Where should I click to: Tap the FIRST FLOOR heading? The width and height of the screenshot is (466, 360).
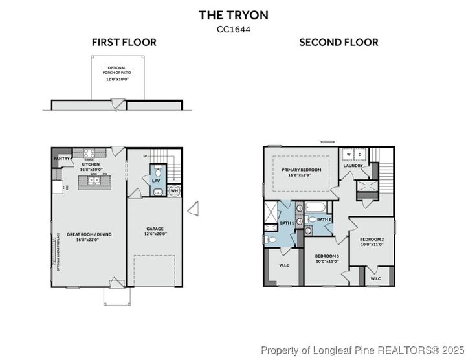[x=124, y=43]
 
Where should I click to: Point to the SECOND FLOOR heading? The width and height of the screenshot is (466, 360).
[x=338, y=43]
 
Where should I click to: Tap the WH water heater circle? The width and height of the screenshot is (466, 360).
[x=174, y=191]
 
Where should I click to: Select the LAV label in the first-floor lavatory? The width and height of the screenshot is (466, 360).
[x=156, y=181]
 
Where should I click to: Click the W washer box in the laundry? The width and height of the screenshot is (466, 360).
[x=349, y=155]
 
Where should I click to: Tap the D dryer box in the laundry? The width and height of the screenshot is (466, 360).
[x=360, y=155]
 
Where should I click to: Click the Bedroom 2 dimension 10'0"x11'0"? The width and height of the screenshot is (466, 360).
[x=372, y=245]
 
